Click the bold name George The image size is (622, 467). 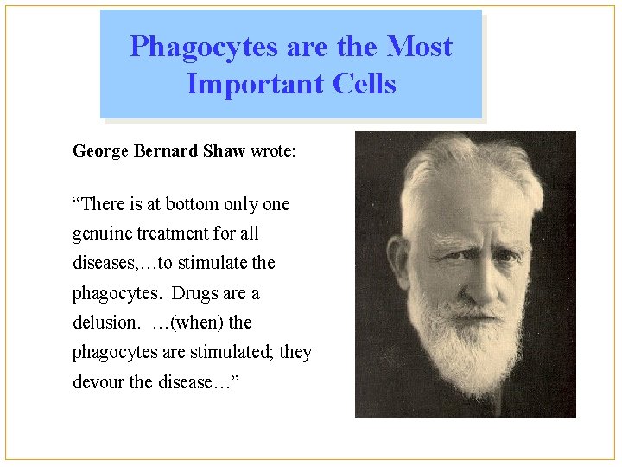pos(101,151)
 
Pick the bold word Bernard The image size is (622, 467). pos(166,151)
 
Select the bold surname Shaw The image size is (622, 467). pos(224,151)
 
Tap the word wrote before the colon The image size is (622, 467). pos(270,151)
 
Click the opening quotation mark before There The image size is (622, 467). pos(76,204)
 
